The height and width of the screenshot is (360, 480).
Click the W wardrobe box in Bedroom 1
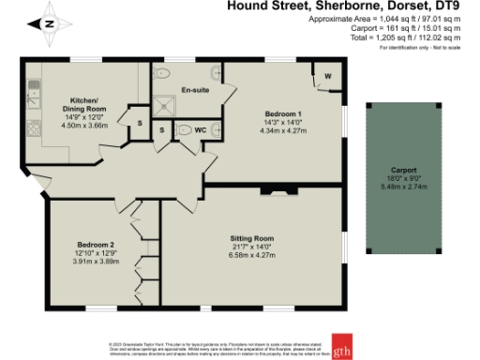(x=327, y=76)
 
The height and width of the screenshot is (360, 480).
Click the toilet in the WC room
(x=185, y=130)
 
